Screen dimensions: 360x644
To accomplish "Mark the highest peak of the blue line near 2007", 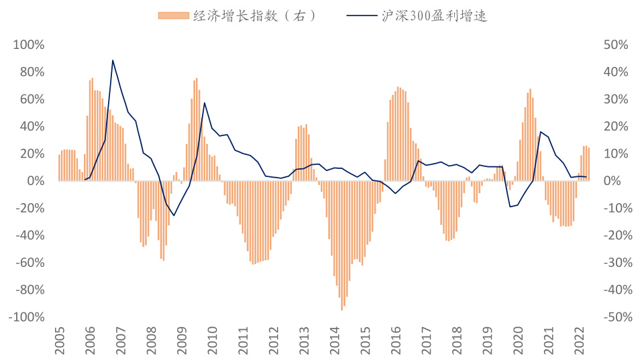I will click(x=113, y=60).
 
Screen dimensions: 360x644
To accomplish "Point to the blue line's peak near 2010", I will click(x=204, y=103).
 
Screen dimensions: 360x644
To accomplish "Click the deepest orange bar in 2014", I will click(x=342, y=309).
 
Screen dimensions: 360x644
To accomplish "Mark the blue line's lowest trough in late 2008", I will click(x=174, y=216).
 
